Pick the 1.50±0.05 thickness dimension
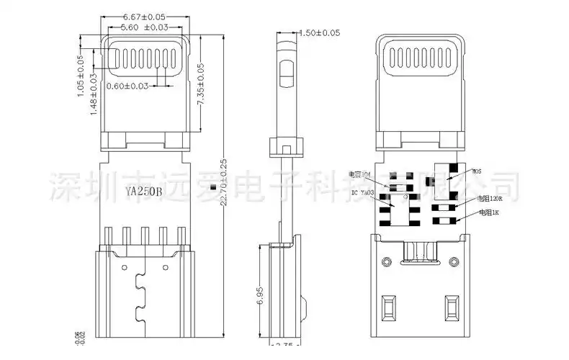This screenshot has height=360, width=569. tap(319, 33)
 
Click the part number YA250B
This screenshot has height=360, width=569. tap(143, 192)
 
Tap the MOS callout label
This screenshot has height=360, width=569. tap(476, 171)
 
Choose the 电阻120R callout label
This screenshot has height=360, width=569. tap(490, 198)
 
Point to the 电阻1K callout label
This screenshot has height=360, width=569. tap(489, 213)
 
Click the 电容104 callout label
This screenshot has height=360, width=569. tap(359, 174)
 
